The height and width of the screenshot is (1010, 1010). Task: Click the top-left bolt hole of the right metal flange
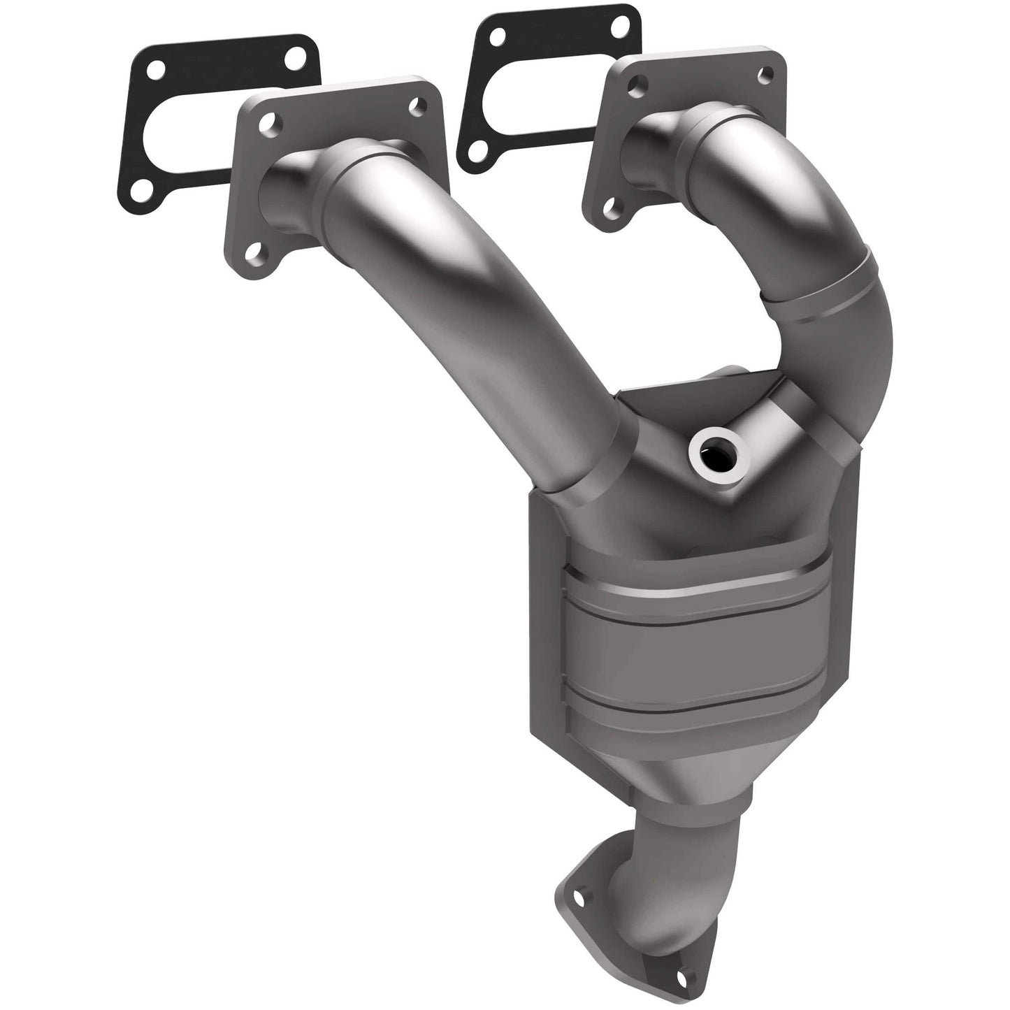635,86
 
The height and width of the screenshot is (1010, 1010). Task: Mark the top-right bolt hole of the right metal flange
768,70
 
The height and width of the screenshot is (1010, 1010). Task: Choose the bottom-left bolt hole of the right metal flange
615,208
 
